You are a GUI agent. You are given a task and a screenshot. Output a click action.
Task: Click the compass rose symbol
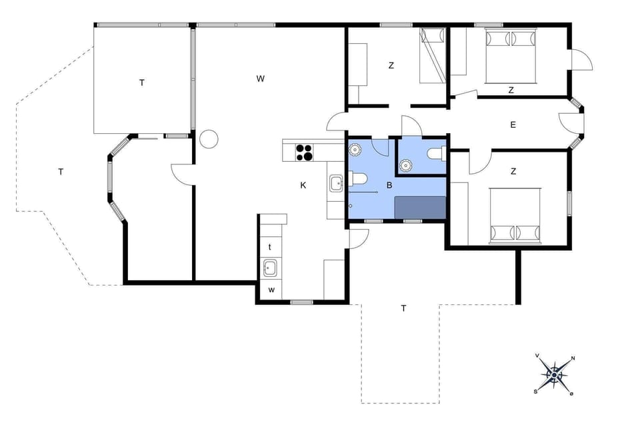coord(554,375)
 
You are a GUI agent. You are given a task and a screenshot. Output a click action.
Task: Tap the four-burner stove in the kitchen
coord(304,152)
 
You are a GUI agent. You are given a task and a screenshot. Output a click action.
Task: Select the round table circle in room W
coord(209,139)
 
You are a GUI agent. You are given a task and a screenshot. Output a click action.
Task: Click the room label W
coord(261,79)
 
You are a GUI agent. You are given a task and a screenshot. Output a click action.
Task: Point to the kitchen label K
coord(303,185)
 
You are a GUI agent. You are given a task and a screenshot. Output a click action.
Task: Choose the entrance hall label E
coord(513,124)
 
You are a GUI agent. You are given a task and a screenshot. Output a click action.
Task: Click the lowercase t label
coord(270,246)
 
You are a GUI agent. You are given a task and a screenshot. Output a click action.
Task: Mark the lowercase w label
coord(271,290)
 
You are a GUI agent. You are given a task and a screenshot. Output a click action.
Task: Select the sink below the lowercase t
coord(271,269)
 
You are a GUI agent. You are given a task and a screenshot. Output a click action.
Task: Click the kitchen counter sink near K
coord(335,181)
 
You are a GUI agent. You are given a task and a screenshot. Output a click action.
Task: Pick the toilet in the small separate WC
coord(435,154)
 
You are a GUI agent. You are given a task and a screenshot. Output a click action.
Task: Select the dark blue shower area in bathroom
coord(420,208)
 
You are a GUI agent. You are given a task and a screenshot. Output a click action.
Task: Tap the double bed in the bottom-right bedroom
coord(516,215)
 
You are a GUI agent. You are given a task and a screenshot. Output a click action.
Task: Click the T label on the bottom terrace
coord(403,308)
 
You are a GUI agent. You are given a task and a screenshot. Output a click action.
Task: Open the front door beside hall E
coord(571,124)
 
